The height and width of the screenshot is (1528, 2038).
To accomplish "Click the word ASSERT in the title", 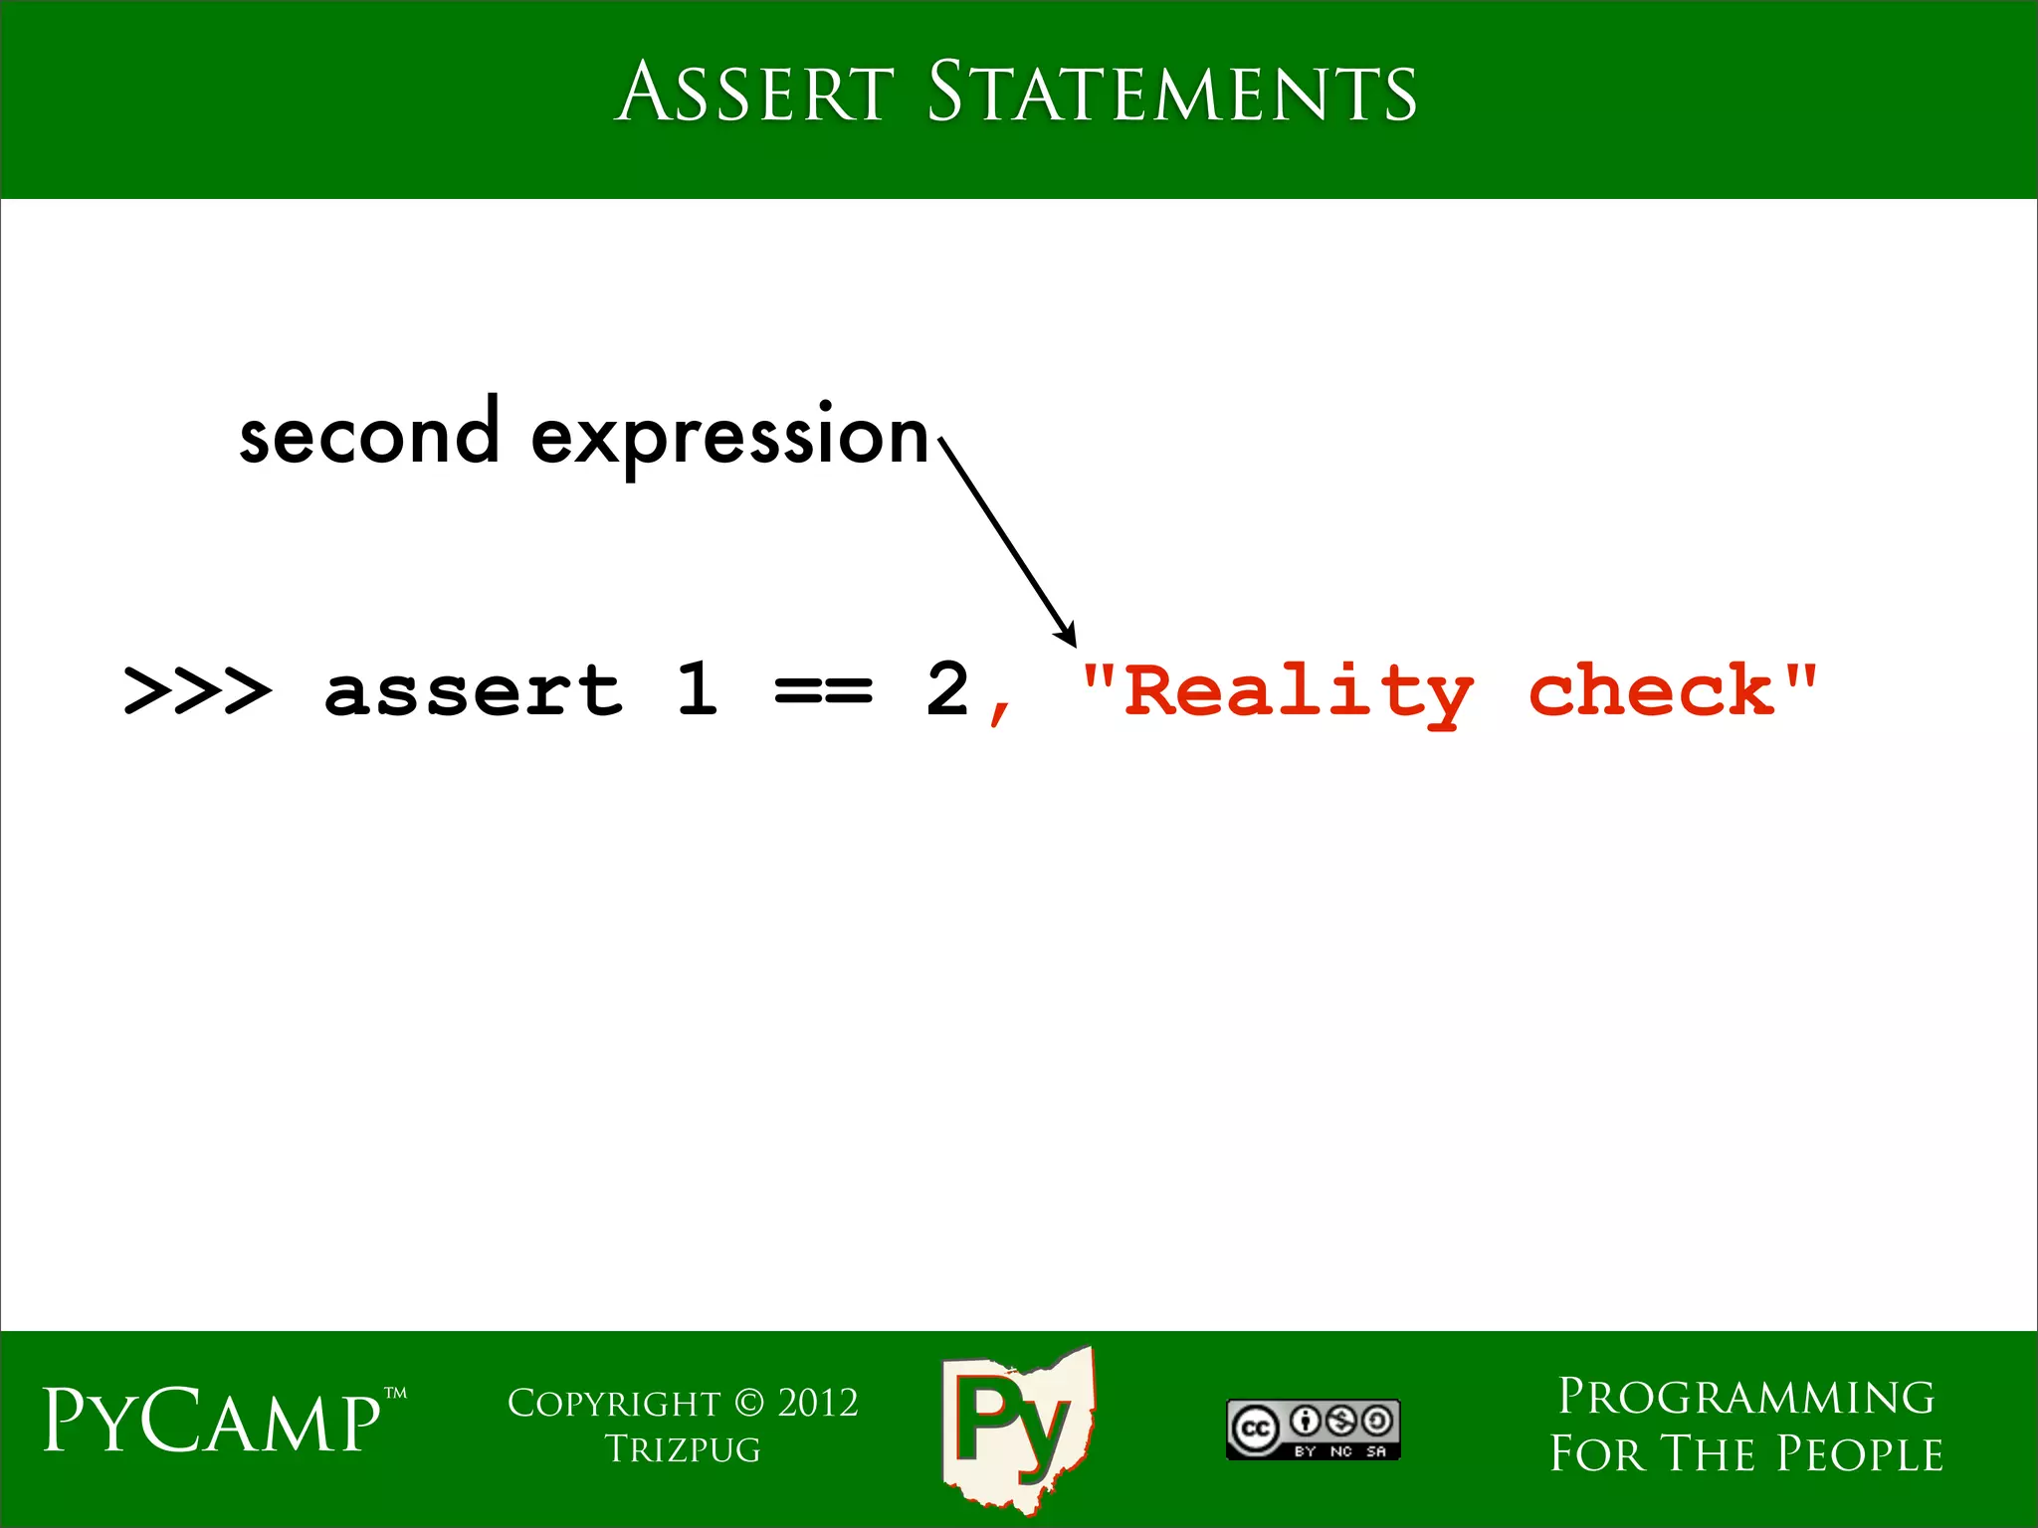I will coord(754,93).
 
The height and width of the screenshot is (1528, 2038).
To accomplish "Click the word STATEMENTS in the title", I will coord(1171,93).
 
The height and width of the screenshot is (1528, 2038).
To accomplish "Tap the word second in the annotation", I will coord(368,436).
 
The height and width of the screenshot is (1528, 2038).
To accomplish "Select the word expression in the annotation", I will coord(729,438).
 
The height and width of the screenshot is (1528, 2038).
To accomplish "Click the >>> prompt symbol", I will coord(196,690).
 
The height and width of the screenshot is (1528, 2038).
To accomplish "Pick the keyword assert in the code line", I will coord(474,690).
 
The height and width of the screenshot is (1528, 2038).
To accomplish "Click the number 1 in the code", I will coord(698,688).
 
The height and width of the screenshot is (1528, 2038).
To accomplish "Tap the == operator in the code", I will coord(823,690).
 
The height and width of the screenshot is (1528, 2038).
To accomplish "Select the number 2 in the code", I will coord(946,688).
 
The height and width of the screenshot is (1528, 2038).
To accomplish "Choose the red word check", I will coord(1652,690).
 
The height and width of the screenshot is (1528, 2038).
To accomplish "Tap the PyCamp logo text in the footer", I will coord(213,1421).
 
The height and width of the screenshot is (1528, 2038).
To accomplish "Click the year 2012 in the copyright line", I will coord(817,1403).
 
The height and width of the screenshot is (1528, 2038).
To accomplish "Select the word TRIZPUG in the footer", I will coord(683,1449).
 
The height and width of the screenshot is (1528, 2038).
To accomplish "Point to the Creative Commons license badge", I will coord(1313,1430).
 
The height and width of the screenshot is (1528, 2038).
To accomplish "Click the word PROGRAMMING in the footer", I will coord(1745,1397).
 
